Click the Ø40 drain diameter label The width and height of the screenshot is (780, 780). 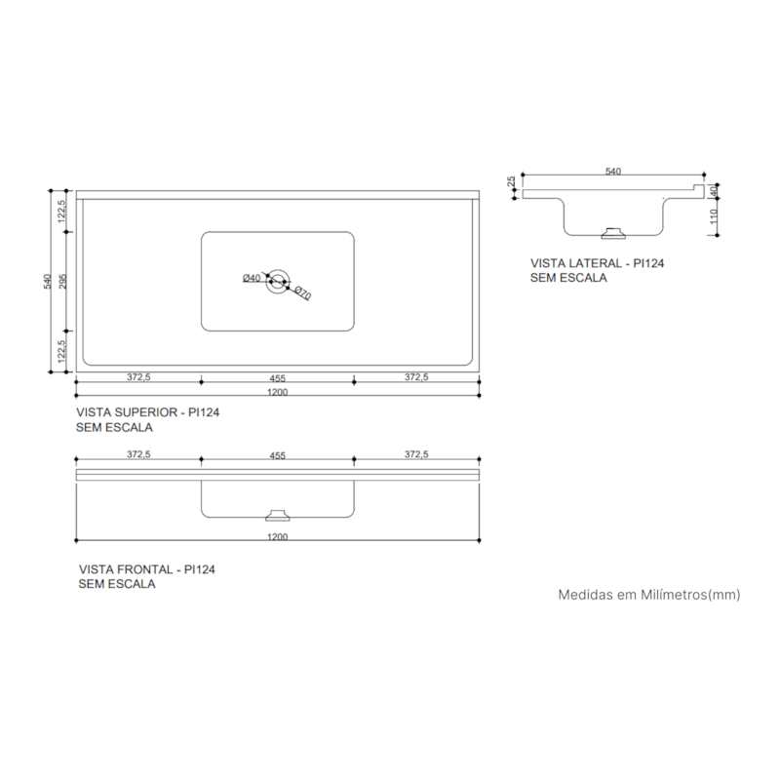[252, 279]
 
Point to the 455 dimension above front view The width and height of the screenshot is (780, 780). [277, 454]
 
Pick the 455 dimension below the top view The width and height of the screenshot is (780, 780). [277, 376]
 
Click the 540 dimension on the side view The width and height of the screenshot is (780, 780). [612, 172]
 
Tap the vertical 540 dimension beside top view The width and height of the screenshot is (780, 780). [46, 281]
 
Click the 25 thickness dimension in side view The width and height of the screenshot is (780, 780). [511, 182]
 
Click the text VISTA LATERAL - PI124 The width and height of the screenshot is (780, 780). [590, 263]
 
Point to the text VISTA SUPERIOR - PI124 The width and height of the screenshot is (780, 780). [147, 412]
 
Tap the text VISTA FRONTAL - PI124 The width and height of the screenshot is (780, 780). [146, 569]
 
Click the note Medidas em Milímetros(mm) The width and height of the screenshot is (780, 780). [648, 594]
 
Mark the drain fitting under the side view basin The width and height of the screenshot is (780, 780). [613, 232]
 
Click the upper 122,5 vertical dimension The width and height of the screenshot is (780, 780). [61, 212]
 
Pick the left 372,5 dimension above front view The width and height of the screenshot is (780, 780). [137, 454]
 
